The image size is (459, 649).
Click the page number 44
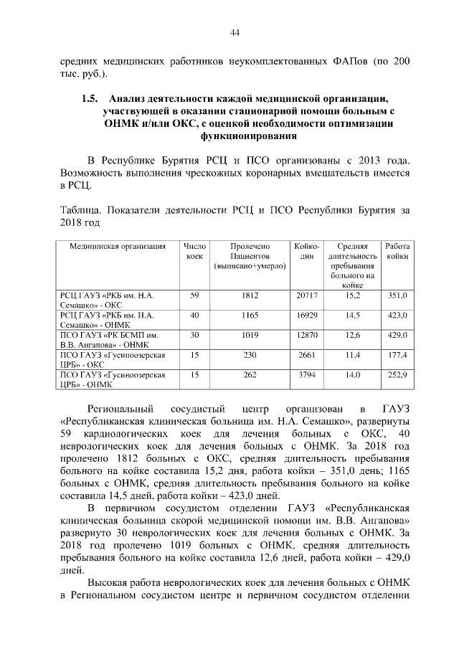point(234,31)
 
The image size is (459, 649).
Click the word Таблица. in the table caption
point(80,210)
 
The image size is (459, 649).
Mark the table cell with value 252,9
point(397,374)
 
